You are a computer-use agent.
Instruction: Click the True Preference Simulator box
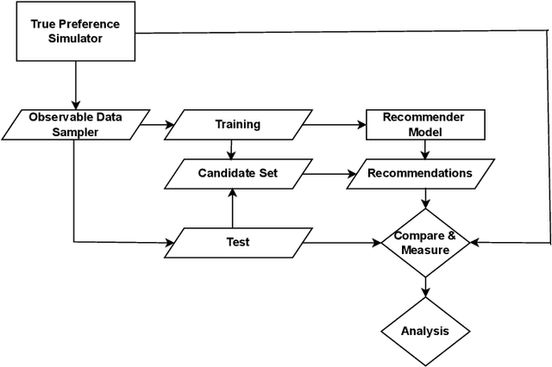point(75,32)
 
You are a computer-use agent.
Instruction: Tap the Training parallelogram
point(237,124)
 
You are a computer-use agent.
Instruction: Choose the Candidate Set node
point(237,173)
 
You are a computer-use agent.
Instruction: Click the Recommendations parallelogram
point(419,173)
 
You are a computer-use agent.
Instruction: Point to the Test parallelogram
point(237,242)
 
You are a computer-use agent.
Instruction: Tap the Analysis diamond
point(425,331)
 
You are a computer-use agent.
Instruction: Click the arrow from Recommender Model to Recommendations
point(425,148)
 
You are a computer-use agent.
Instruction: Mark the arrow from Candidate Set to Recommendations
point(328,173)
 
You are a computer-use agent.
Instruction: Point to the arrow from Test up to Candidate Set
point(231,208)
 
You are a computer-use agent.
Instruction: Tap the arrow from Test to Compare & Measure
point(345,242)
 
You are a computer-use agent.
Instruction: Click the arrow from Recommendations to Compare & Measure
point(425,198)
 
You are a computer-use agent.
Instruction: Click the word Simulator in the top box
point(75,39)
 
